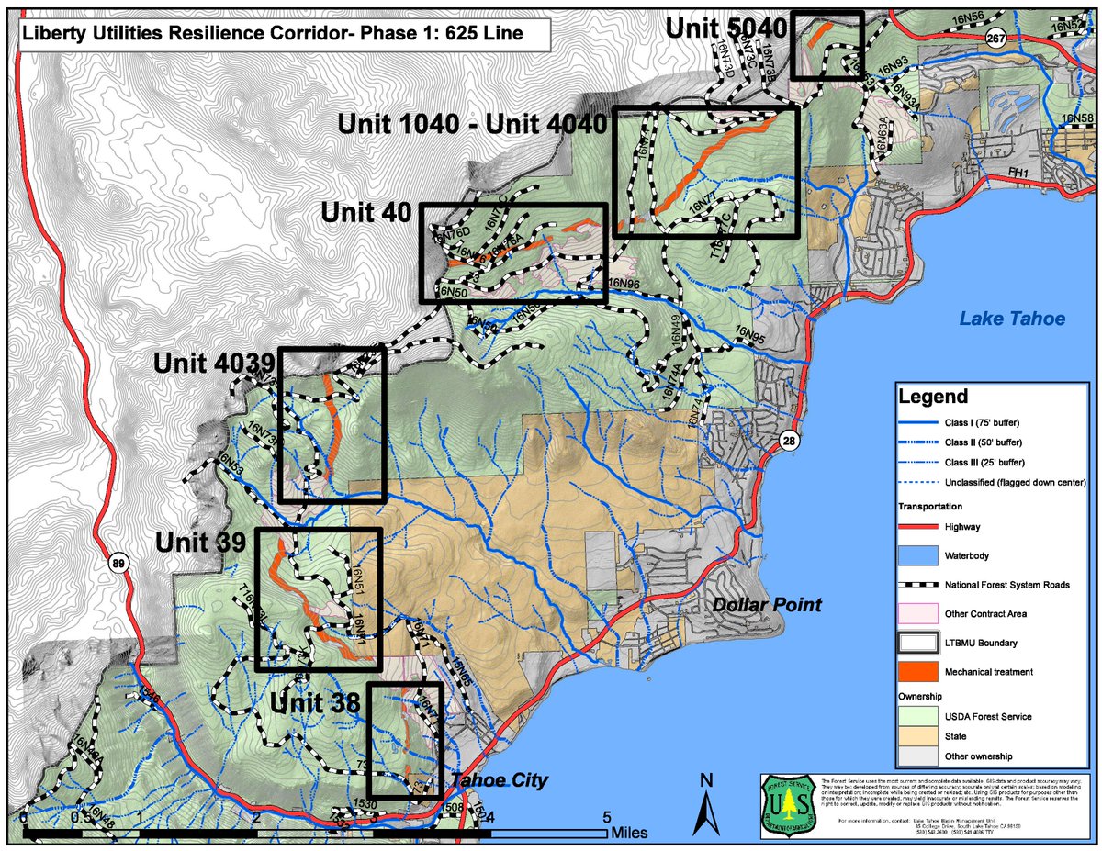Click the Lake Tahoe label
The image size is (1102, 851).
pyautogui.click(x=1012, y=319)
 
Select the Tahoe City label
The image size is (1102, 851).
pyautogui.click(x=501, y=781)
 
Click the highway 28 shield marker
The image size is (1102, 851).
pyautogui.click(x=789, y=442)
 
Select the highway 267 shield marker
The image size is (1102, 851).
pyautogui.click(x=993, y=36)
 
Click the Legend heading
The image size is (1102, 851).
pyautogui.click(x=932, y=398)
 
